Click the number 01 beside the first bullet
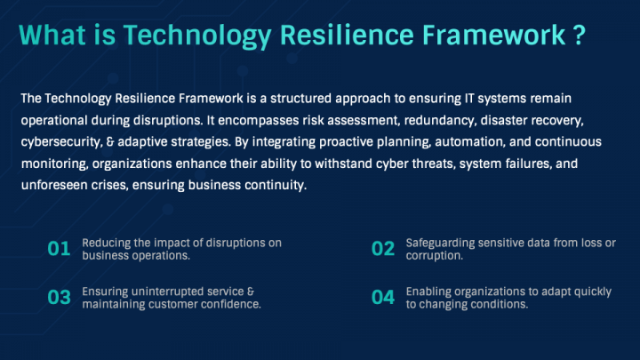coord(59,249)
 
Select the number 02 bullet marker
coord(382,249)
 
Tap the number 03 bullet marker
coord(59,297)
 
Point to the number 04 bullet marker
coord(382,297)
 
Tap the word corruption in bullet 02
coord(433,255)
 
